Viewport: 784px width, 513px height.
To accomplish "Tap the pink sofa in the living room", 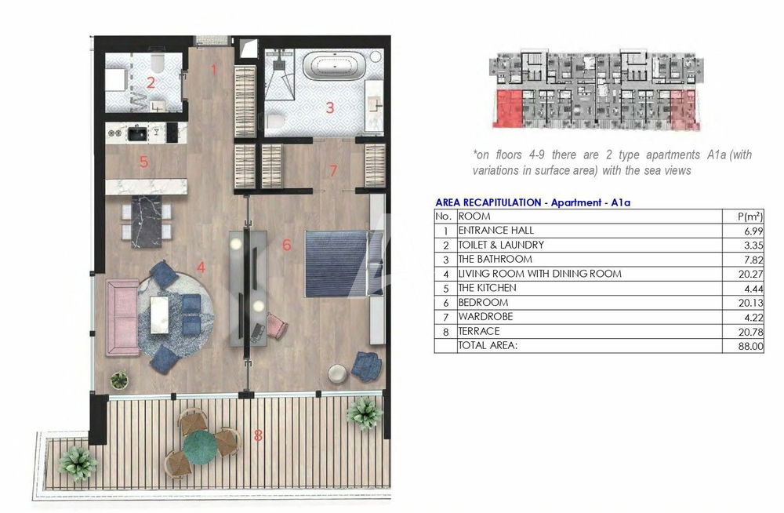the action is pyautogui.click(x=122, y=318).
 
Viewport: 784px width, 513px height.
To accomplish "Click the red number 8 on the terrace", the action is pyautogui.click(x=258, y=435).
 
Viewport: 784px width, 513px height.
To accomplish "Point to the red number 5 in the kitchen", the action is pyautogui.click(x=144, y=162).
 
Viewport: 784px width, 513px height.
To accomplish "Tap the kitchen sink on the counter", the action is pyautogui.click(x=136, y=133).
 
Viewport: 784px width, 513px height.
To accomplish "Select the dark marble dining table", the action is pyautogui.click(x=147, y=221).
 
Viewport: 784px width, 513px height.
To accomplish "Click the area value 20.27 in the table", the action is pyautogui.click(x=750, y=274).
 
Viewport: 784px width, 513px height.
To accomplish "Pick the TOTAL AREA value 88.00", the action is pyautogui.click(x=750, y=346).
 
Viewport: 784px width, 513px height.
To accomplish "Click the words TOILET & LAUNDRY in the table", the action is pyautogui.click(x=501, y=245).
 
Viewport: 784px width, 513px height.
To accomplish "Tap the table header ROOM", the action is pyautogui.click(x=474, y=216).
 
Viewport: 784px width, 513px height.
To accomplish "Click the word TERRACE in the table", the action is pyautogui.click(x=479, y=331).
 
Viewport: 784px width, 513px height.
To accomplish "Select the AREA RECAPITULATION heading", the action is pyautogui.click(x=488, y=202).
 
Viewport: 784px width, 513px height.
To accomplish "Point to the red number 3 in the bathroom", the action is pyautogui.click(x=329, y=107).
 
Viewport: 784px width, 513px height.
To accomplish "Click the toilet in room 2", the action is pyautogui.click(x=157, y=60).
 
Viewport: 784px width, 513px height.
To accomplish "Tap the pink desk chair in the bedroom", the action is pyautogui.click(x=277, y=325).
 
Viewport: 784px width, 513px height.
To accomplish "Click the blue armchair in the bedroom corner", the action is pyautogui.click(x=366, y=366).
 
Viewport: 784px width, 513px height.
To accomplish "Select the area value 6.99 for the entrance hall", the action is pyautogui.click(x=753, y=231).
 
